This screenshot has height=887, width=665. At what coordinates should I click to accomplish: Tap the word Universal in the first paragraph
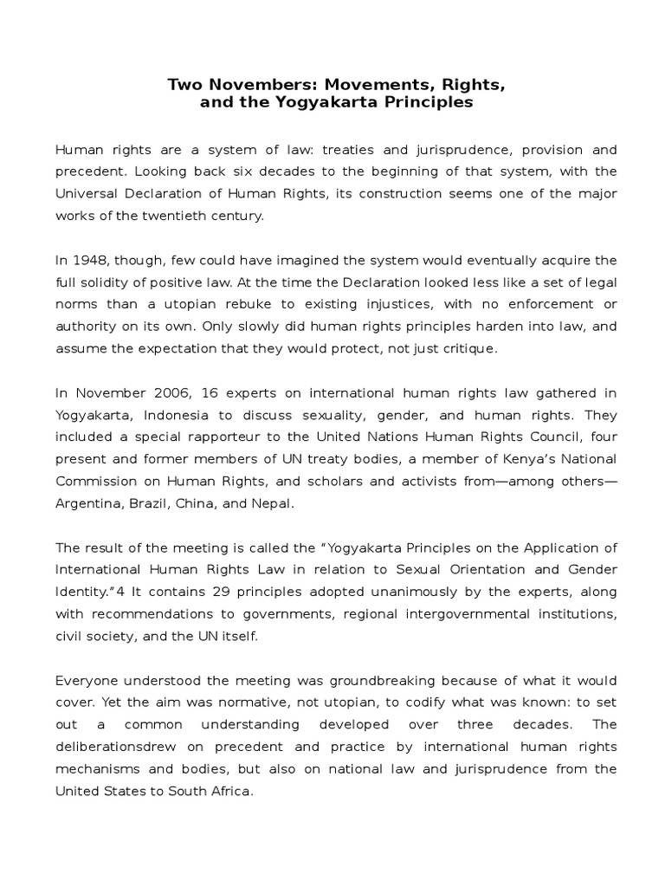(87, 193)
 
